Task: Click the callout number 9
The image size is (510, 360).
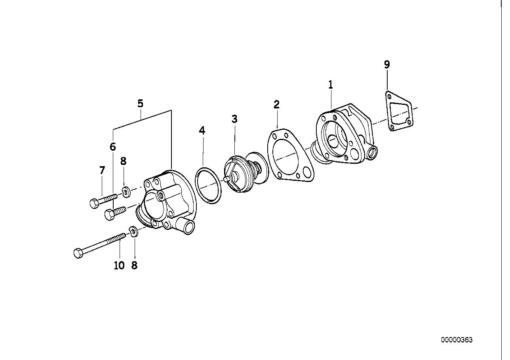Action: pyautogui.click(x=387, y=64)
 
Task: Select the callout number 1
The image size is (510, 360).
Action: pyautogui.click(x=330, y=85)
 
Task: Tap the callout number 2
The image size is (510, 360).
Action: pyautogui.click(x=276, y=104)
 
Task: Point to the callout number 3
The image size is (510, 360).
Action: pyautogui.click(x=234, y=119)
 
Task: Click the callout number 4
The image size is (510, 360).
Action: pyautogui.click(x=202, y=131)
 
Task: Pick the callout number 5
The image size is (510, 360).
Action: pyautogui.click(x=140, y=104)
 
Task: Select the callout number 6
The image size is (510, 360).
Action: pyautogui.click(x=113, y=147)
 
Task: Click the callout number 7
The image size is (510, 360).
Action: pyautogui.click(x=102, y=171)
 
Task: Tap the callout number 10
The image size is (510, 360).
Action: pyautogui.click(x=119, y=265)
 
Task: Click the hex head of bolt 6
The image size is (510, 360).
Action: pyautogui.click(x=108, y=215)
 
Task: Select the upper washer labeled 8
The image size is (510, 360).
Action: pyautogui.click(x=126, y=192)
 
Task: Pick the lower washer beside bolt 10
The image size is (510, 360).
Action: pyautogui.click(x=134, y=231)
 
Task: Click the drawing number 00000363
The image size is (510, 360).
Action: pyautogui.click(x=457, y=340)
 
